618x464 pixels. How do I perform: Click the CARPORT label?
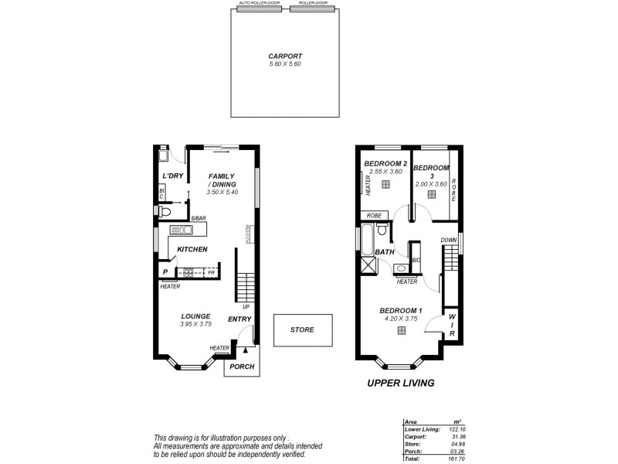[284, 56]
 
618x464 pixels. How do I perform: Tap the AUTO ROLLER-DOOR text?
[258, 3]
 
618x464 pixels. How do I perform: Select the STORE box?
[302, 330]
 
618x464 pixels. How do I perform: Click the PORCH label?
[242, 367]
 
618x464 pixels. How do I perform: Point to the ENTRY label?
[239, 319]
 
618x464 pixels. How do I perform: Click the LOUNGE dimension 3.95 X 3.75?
[195, 324]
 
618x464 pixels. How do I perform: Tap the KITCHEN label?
[192, 249]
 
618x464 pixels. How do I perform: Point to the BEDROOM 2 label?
[385, 163]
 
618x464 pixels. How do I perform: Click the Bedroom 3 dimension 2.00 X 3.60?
[431, 184]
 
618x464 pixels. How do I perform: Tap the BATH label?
[385, 253]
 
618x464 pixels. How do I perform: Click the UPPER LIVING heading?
[401, 383]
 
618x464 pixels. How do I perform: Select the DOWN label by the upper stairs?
[448, 241]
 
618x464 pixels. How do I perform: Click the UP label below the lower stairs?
[245, 307]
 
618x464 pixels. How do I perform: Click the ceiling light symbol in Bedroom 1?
[402, 331]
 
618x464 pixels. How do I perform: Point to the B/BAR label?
[199, 219]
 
